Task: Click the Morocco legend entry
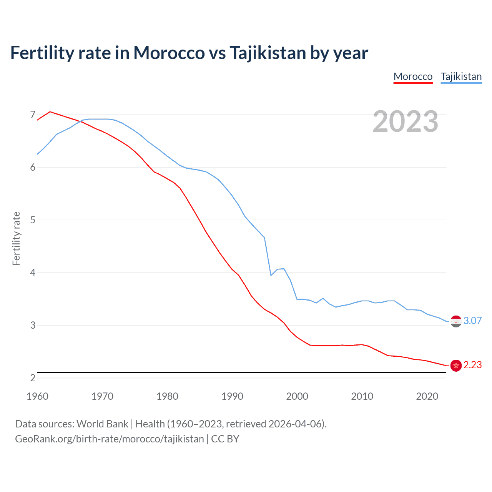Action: (x=413, y=76)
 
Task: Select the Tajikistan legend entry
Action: (x=461, y=76)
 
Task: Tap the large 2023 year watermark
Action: (x=406, y=121)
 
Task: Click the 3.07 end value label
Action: (x=472, y=321)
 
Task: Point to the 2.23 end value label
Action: (x=472, y=365)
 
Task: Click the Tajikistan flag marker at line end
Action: (x=456, y=321)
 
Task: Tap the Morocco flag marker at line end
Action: (x=456, y=365)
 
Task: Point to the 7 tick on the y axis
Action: (x=33, y=115)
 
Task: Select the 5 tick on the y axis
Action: (x=33, y=220)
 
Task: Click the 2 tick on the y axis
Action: (x=33, y=378)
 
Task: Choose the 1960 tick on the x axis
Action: (x=37, y=396)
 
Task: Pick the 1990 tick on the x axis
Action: (x=232, y=396)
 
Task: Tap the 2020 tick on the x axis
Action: (x=427, y=396)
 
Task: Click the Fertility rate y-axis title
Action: (x=16, y=238)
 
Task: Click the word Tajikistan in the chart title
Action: (x=268, y=53)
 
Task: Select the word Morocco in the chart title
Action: (x=169, y=53)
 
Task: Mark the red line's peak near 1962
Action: (x=50, y=112)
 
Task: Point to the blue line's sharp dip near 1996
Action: (x=271, y=275)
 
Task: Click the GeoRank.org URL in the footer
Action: (x=109, y=439)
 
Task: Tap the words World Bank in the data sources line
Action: (x=102, y=424)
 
